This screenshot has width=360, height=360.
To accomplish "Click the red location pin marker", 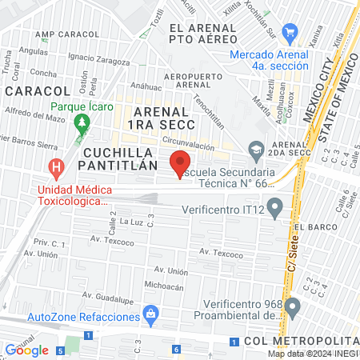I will click(182, 163).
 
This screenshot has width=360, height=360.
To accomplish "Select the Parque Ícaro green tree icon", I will click(80, 122).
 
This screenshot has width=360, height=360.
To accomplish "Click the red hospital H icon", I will click(57, 169).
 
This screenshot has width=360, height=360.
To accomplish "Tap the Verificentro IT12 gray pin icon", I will click(275, 210).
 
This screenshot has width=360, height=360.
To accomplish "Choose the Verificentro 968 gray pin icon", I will click(292, 306).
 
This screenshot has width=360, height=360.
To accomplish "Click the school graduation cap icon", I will click(256, 150).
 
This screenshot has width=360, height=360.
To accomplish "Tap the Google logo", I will click(26, 350).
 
